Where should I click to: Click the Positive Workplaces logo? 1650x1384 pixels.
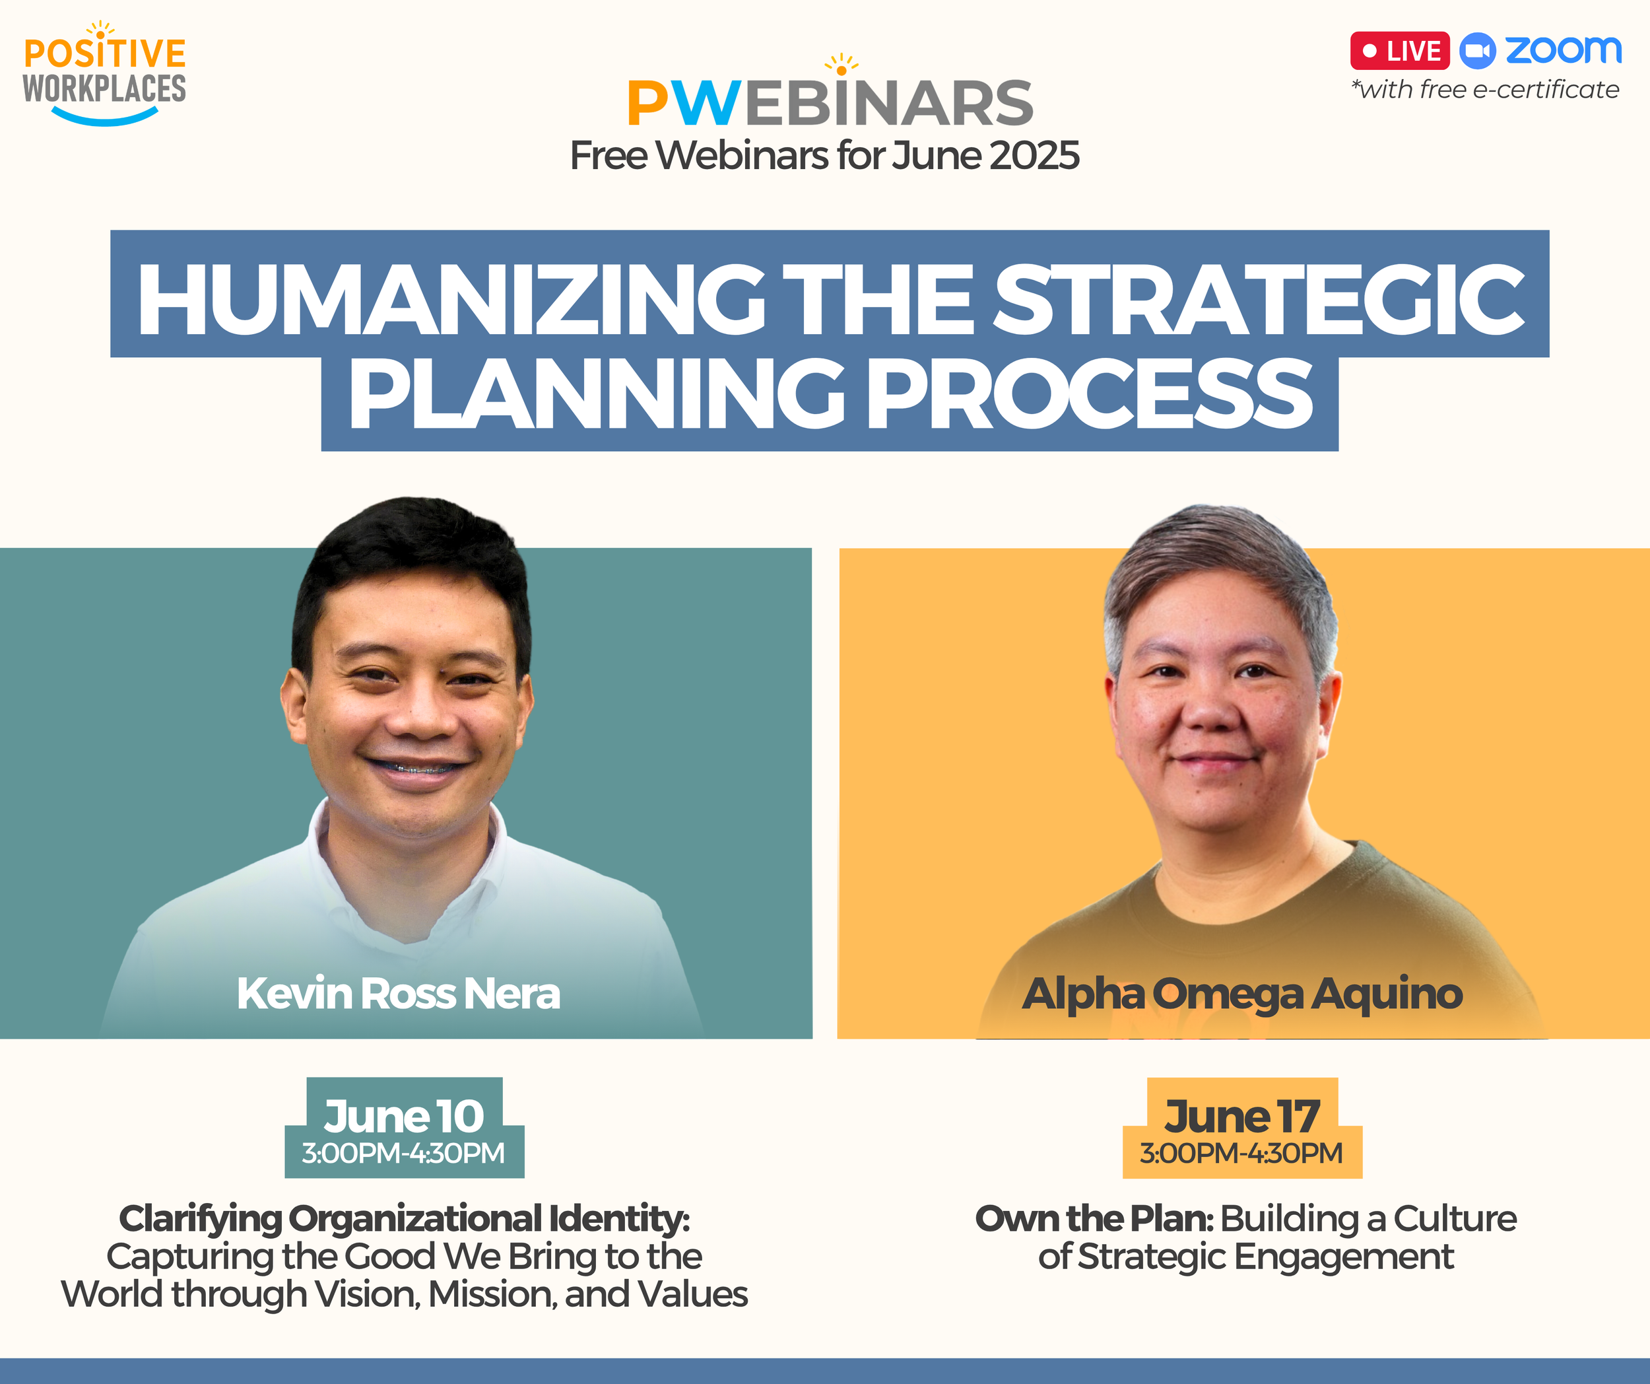104,73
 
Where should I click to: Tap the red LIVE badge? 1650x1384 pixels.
1399,51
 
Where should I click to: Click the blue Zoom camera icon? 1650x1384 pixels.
1477,51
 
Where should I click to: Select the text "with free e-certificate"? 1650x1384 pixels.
1489,90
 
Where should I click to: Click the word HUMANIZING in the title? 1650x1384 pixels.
451,298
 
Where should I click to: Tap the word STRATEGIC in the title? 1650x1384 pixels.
1259,298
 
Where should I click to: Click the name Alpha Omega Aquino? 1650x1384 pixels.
1242,994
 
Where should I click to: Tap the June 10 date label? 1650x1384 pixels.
404,1116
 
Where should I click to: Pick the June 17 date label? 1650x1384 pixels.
1242,1116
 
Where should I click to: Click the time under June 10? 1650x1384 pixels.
404,1153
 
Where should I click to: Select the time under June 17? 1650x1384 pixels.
1241,1153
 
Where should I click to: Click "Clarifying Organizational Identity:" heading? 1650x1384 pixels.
405,1219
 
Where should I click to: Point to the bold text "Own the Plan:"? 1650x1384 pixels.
1094,1218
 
